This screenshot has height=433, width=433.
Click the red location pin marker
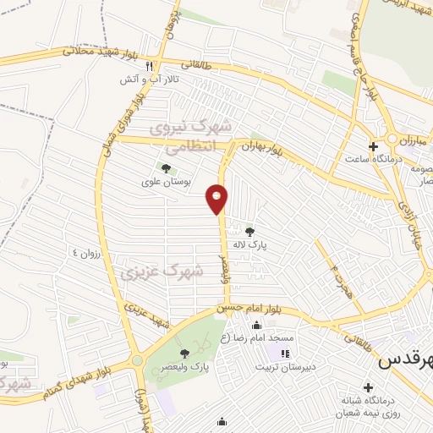(x=217, y=199)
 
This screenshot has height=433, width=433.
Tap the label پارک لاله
(x=250, y=243)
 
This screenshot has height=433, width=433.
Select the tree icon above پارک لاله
(x=249, y=230)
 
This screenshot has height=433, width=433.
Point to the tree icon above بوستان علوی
(x=165, y=168)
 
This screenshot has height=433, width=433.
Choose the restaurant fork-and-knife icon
(x=149, y=66)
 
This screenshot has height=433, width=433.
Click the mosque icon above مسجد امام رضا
(x=257, y=326)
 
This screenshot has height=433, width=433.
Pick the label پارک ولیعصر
(x=188, y=366)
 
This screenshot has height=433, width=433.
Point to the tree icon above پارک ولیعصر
(x=184, y=354)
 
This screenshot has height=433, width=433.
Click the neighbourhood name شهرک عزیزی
(x=162, y=272)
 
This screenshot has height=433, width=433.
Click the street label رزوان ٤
(x=87, y=254)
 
